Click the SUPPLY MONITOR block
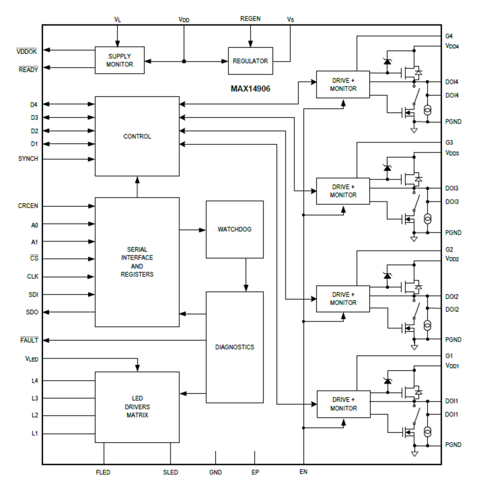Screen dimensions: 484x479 coord(119,60)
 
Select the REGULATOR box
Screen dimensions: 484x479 coord(250,61)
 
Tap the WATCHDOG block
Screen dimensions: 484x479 coord(234,229)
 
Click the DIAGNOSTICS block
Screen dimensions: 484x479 coord(234,347)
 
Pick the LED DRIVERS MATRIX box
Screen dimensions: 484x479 coord(137,407)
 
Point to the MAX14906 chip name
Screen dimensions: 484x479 coord(250,89)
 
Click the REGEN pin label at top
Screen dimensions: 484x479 coord(250,19)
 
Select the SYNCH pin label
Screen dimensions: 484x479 coord(28,159)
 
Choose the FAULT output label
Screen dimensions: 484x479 coord(29,340)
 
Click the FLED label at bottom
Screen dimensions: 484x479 coord(103,472)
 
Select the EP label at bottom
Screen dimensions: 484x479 coord(255,472)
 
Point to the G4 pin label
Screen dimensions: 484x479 coord(449,36)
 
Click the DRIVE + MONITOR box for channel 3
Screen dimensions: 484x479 coord(343,191)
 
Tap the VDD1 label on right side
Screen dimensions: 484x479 coord(452,366)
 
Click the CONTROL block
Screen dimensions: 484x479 coord(137,136)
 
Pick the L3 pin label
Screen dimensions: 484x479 coord(34,398)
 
